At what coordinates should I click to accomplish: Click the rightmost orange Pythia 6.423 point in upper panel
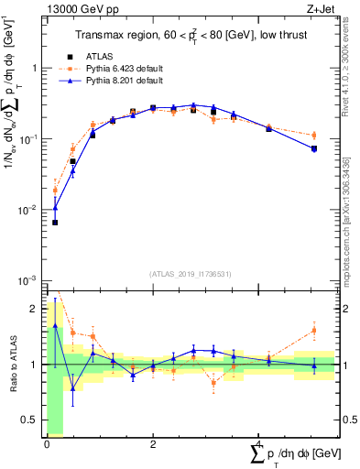point(313,135)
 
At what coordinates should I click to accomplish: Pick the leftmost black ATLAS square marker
point(55,223)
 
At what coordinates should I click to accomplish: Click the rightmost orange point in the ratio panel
point(313,330)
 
